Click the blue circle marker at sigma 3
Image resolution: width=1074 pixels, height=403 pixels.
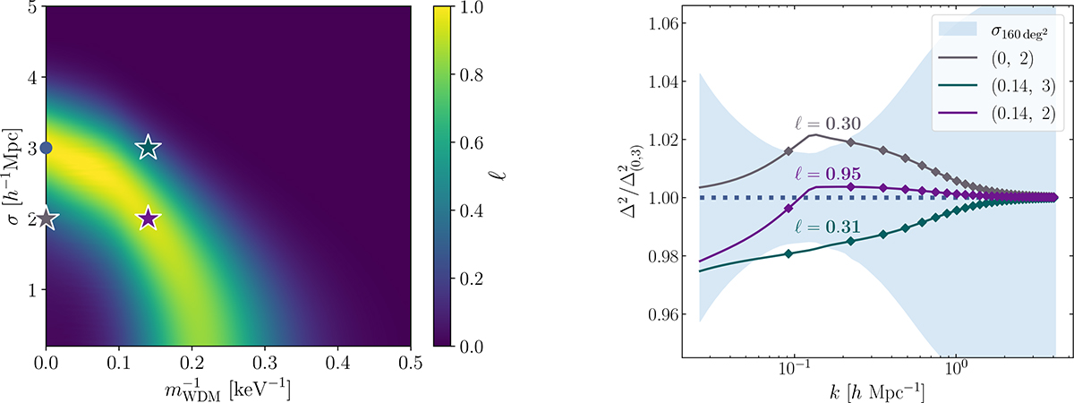[46, 148]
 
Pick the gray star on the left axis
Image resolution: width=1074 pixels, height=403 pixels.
[46, 219]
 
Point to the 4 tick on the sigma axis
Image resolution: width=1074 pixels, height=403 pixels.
[32, 77]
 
